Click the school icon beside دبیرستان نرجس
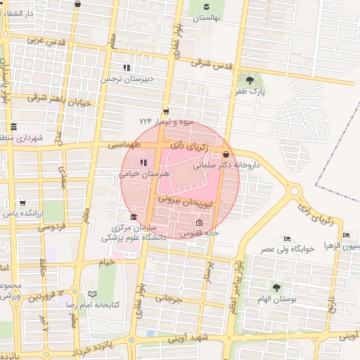click(x=127, y=68)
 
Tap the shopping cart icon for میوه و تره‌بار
click(x=166, y=111)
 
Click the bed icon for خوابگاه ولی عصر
click(x=285, y=238)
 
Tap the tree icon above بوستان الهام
click(x=276, y=287)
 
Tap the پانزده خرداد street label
click(x=97, y=348)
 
